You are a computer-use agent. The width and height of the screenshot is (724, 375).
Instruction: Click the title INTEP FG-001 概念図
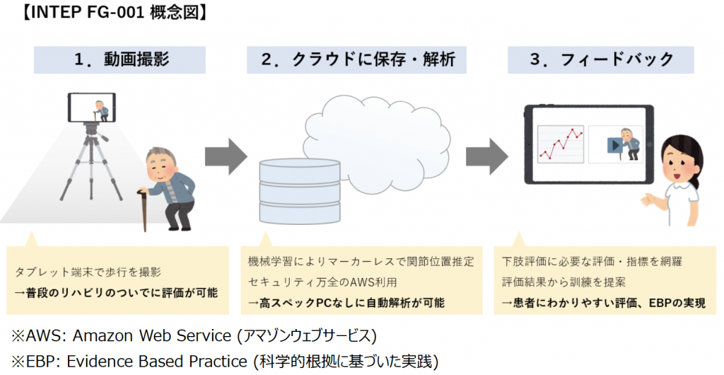point(115,13)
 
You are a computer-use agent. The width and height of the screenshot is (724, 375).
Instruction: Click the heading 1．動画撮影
point(122,59)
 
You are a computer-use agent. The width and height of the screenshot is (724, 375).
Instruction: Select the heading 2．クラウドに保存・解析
point(358,59)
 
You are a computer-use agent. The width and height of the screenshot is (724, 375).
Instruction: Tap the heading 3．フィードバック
point(601,59)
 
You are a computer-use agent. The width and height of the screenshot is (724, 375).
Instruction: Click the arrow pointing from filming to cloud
point(226,156)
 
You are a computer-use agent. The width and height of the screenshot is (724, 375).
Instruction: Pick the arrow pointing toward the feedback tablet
point(486,156)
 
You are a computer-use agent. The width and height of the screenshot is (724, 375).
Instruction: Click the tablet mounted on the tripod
point(92,107)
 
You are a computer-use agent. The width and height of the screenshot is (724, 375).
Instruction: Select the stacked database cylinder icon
point(300,191)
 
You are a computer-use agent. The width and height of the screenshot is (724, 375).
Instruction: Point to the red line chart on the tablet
point(561,143)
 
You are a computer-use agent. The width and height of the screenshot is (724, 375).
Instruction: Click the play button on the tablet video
point(615,145)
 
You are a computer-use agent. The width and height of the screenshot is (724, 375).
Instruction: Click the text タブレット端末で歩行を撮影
point(88,272)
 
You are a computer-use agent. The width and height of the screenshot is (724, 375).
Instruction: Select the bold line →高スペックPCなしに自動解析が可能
point(346,303)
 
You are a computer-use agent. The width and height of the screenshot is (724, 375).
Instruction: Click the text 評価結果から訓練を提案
point(564,282)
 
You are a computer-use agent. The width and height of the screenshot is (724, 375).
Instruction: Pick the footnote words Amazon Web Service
point(152,336)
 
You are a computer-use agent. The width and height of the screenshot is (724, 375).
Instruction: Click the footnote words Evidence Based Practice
point(157,361)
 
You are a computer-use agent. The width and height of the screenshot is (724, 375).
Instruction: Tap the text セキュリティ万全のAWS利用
point(322,282)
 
